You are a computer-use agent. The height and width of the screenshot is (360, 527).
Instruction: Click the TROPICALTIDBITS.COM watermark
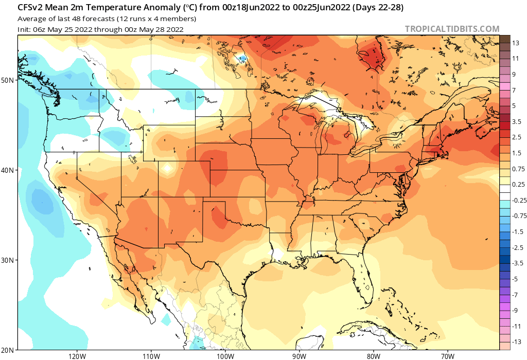click(452, 29)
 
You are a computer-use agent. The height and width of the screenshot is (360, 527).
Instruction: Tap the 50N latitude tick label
click(8, 80)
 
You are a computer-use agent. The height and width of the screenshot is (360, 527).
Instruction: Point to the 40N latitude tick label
click(8, 170)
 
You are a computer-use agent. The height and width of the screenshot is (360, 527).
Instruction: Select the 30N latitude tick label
click(8, 260)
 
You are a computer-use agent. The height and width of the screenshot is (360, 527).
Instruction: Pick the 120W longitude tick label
click(76, 355)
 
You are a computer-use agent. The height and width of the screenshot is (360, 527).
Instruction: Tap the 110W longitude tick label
click(150, 355)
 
